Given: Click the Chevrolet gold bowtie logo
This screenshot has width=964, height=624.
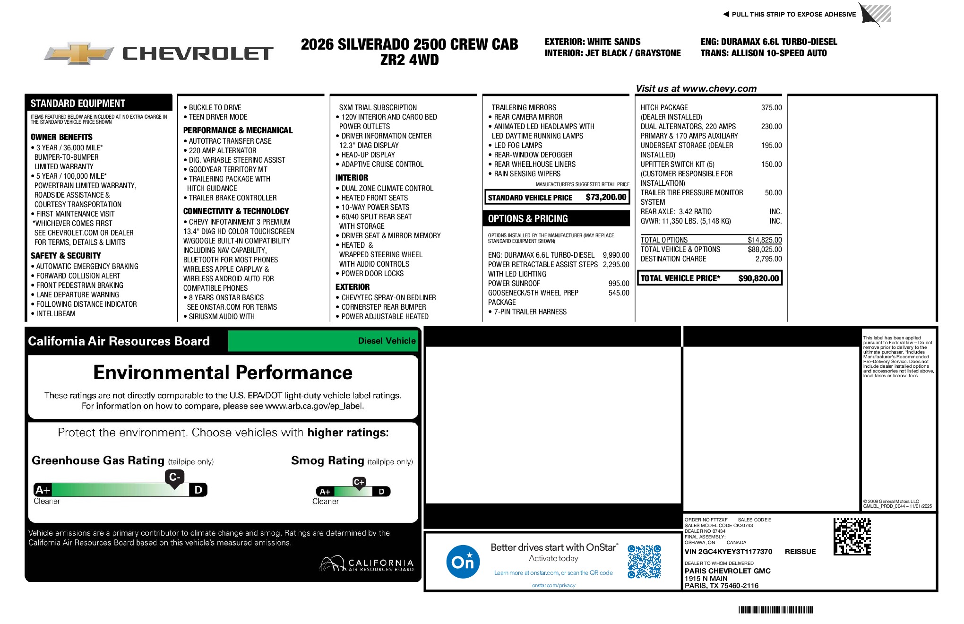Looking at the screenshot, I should [x=79, y=53].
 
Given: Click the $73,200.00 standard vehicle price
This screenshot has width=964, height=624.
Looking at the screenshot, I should [x=606, y=197].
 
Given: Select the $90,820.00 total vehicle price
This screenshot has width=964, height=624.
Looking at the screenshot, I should [x=758, y=278].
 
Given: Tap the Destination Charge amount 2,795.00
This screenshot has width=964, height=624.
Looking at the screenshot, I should [x=768, y=259].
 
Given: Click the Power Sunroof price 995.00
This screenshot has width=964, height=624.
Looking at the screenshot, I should [x=619, y=284].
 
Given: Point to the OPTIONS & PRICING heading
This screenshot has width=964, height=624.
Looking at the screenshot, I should [x=528, y=219].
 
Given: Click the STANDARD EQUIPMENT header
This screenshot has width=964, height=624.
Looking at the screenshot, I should [x=78, y=104].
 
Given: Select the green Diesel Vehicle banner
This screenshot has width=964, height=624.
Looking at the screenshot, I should [x=323, y=341].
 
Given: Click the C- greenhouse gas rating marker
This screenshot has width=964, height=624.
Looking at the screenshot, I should [x=174, y=477].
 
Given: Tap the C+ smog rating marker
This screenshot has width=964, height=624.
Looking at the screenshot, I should [x=359, y=482].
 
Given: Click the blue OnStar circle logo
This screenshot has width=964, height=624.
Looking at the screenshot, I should [x=463, y=562].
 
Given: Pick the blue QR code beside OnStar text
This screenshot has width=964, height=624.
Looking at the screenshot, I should [x=644, y=562].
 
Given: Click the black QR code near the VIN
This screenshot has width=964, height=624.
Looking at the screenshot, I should [x=852, y=537].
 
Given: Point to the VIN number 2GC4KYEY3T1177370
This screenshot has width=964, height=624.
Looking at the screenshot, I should [x=728, y=552].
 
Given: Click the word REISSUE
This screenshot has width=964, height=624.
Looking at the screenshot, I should [x=800, y=552].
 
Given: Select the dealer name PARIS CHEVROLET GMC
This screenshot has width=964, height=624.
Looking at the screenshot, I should [x=727, y=571].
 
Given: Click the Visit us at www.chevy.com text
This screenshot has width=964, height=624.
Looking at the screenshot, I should [x=696, y=89].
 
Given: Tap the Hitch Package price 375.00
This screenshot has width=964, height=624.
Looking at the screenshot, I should [x=771, y=108].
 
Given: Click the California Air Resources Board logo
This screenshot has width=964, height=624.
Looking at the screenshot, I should [x=367, y=564].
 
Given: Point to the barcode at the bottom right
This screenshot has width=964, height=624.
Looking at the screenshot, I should [x=775, y=610].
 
